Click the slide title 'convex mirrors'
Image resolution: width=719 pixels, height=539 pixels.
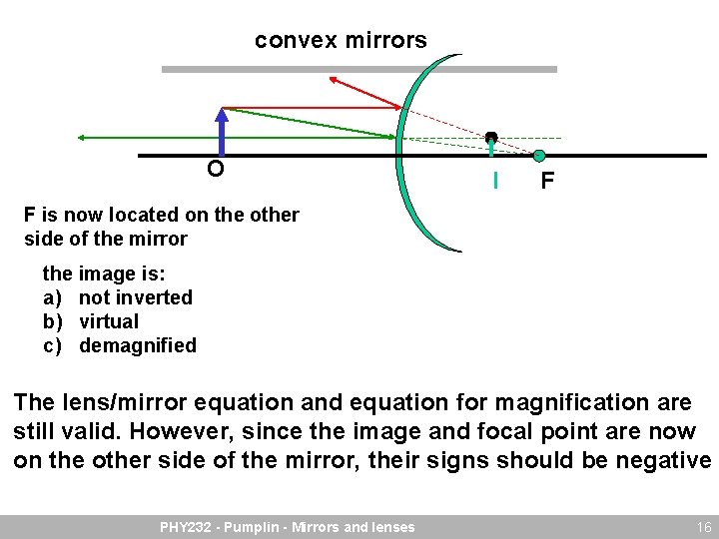coord(341,41)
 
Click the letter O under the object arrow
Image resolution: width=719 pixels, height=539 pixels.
coord(215,170)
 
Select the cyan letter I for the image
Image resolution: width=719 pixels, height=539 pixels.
coord(494,181)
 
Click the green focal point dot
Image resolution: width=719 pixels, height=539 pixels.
coord(538,156)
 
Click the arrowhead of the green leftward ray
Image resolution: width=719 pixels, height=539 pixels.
coord(81,137)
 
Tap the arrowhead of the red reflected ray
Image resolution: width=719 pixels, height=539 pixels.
coord(334,79)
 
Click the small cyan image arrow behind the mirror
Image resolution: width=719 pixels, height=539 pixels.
coord(491,145)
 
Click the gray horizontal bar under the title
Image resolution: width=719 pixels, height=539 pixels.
coord(359,69)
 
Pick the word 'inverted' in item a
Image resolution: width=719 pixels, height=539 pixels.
coord(154,297)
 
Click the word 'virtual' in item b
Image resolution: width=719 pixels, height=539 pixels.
coord(109,321)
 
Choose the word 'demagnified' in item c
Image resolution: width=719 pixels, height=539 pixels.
coord(138,345)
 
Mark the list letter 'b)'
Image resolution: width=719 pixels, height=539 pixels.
coord(52,321)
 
